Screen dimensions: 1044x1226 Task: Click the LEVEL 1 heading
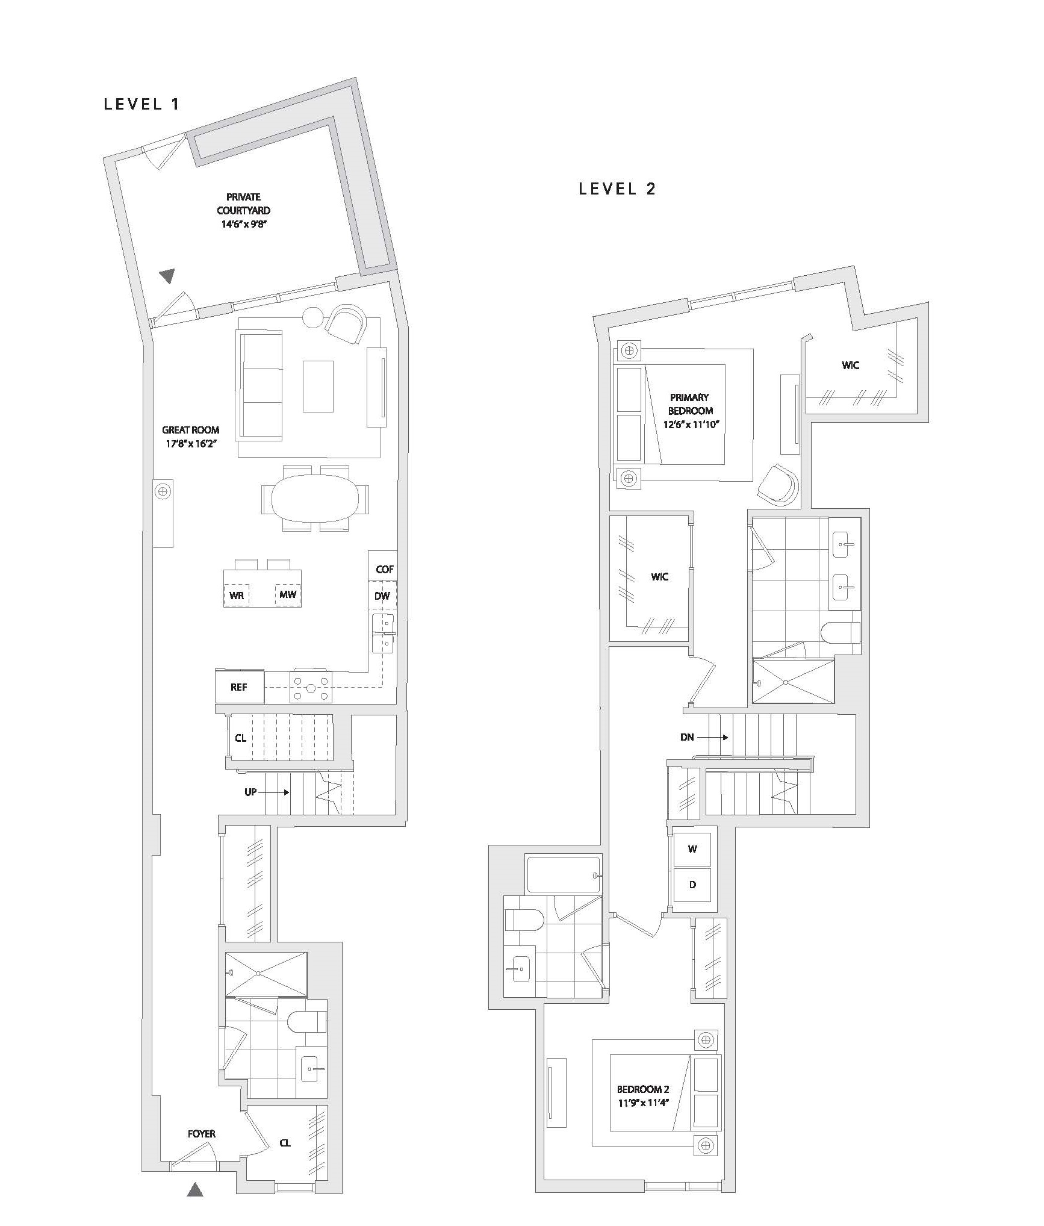tap(141, 104)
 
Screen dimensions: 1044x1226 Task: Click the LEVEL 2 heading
tap(617, 189)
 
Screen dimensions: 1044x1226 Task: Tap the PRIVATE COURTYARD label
tap(243, 204)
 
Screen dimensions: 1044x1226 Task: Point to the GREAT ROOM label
tap(190, 430)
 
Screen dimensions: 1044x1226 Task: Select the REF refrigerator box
tap(240, 687)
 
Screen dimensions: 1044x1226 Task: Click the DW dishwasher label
tap(382, 596)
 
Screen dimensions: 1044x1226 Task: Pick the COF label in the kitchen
tap(385, 569)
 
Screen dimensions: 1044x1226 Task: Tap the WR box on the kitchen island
tap(237, 596)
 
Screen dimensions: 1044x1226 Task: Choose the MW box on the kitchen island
tap(288, 595)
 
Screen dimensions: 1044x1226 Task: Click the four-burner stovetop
tap(311, 687)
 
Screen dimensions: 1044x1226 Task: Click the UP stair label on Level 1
tap(250, 792)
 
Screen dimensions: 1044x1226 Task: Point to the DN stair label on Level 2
tap(687, 737)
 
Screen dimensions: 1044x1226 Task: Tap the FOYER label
tap(202, 1134)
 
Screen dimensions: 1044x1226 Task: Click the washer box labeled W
tap(692, 850)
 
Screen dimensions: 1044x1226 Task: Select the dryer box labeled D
tap(692, 885)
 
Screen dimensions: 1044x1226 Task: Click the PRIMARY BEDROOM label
tap(690, 404)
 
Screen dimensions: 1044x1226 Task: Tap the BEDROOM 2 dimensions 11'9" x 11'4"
tap(643, 1103)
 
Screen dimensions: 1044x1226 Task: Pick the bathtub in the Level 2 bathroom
tap(563, 874)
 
